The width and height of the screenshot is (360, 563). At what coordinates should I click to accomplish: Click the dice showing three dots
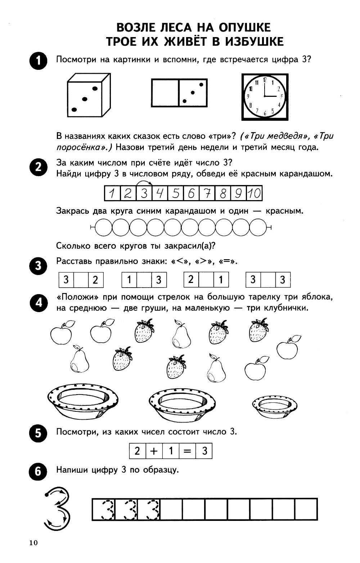pyautogui.click(x=89, y=95)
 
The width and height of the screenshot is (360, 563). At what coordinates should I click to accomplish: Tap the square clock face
pyautogui.click(x=265, y=96)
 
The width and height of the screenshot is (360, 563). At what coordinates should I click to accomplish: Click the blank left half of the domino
pyautogui.click(x=165, y=93)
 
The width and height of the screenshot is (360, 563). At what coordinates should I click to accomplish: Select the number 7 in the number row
pyautogui.click(x=207, y=193)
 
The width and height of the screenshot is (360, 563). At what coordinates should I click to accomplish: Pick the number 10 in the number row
pyautogui.click(x=254, y=193)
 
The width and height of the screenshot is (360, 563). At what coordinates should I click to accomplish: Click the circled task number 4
pyautogui.click(x=38, y=303)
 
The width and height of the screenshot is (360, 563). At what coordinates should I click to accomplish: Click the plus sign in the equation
pyautogui.click(x=154, y=451)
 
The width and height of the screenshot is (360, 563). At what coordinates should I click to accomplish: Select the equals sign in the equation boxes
pyautogui.click(x=187, y=451)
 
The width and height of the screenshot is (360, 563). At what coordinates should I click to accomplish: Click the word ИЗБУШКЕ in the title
pyautogui.click(x=254, y=41)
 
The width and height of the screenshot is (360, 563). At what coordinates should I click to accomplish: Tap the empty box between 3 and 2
pyautogui.click(x=81, y=280)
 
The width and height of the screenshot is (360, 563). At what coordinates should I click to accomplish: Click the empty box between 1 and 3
pyautogui.click(x=144, y=280)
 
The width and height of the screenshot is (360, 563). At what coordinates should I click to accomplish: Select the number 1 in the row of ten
pyautogui.click(x=112, y=193)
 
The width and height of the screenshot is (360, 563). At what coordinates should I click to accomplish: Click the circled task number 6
pyautogui.click(x=38, y=472)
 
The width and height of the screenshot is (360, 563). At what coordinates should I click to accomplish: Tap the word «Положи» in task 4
pyautogui.click(x=78, y=297)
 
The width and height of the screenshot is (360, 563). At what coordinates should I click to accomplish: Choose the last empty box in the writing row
pyautogui.click(x=306, y=509)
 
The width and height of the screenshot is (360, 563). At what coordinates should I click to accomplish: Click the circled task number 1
pyautogui.click(x=38, y=60)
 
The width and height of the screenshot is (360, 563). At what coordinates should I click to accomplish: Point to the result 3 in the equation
pyautogui.click(x=204, y=451)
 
